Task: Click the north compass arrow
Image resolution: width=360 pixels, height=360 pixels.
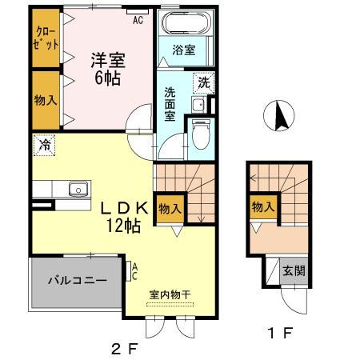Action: (x=281, y=116)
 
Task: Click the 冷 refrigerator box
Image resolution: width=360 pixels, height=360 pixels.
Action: (x=42, y=146)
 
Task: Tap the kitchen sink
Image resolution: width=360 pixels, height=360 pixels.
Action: (x=77, y=190)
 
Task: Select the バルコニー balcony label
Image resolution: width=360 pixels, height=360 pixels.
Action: (x=76, y=281)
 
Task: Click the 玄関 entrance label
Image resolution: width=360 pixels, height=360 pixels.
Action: (x=294, y=272)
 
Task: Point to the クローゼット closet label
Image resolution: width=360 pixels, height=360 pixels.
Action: (x=44, y=38)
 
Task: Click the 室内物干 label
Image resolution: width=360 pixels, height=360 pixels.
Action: (x=169, y=294)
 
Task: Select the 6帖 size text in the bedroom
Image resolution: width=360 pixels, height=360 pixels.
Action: (x=106, y=78)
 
